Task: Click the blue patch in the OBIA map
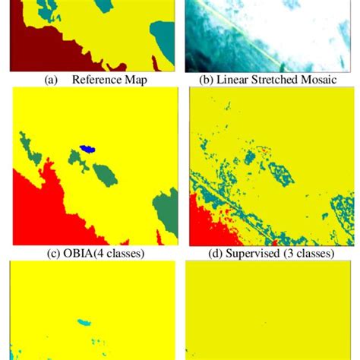pyautogui.click(x=88, y=149)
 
